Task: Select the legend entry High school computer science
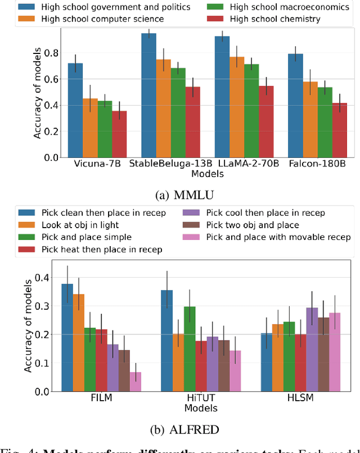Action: [x=102, y=19]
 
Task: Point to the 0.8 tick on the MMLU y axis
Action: [x=52, y=53]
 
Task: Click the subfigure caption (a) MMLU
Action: [x=179, y=196]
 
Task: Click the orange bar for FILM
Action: [x=79, y=342]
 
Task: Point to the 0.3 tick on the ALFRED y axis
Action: [x=52, y=306]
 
